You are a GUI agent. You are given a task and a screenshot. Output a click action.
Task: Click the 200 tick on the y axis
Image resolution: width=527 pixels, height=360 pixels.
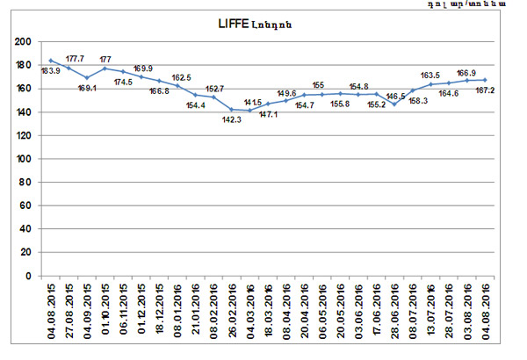click(22, 42)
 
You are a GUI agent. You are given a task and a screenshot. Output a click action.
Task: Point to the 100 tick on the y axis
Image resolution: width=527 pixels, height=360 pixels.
click(22, 159)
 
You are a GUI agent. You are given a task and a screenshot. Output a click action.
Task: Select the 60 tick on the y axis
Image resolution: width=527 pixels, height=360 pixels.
click(25, 205)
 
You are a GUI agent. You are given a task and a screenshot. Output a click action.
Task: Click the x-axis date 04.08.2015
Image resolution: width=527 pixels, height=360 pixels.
click(52, 309)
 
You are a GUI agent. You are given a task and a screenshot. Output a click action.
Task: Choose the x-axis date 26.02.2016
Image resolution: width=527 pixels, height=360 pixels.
click(232, 309)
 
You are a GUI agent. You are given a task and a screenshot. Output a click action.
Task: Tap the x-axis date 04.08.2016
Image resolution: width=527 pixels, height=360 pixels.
click(485, 309)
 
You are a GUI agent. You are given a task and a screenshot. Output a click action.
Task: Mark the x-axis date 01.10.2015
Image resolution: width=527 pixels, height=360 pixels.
click(106, 309)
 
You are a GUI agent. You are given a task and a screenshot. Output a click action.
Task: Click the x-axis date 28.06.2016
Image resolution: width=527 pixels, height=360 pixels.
click(395, 309)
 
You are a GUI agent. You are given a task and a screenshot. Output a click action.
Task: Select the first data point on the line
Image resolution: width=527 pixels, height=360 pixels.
click(51, 61)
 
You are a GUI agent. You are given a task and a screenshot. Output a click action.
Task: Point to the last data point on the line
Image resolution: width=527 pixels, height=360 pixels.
click(485, 80)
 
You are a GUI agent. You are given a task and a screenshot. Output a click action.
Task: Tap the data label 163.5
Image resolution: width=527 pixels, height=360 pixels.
click(432, 76)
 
